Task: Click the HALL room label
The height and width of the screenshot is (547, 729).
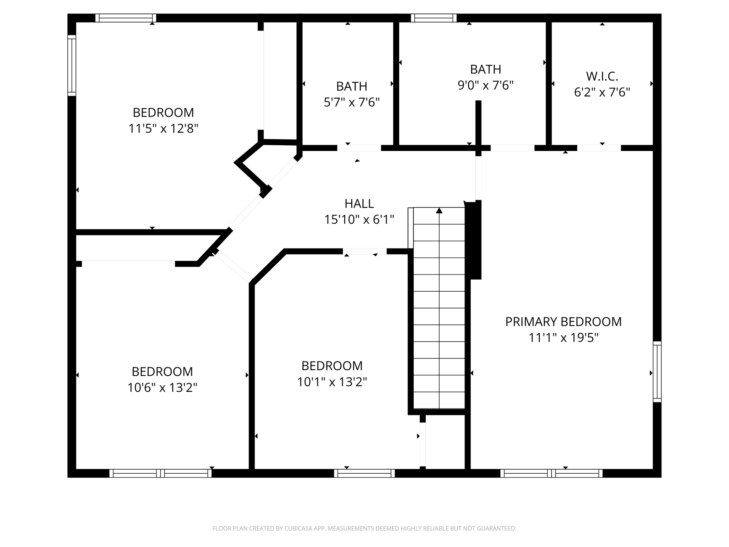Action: click(359, 203)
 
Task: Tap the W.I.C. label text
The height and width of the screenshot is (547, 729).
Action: click(602, 76)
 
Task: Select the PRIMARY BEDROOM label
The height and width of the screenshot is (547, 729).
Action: click(563, 322)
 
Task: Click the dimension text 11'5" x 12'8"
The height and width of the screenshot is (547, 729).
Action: click(163, 128)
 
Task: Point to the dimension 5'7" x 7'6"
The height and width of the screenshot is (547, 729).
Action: click(352, 102)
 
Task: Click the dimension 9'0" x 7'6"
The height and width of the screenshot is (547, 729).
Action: click(486, 85)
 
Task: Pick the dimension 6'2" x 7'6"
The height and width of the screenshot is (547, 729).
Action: click(602, 92)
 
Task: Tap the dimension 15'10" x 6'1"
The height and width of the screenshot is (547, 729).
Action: click(359, 219)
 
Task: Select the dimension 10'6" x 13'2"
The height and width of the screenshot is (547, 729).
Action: click(162, 387)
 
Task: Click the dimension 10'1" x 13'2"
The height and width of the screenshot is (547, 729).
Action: click(332, 382)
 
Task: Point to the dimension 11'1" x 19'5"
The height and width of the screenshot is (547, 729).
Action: click(563, 338)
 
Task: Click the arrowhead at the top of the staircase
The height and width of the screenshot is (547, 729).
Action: click(439, 210)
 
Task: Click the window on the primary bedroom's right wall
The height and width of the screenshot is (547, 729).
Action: click(657, 372)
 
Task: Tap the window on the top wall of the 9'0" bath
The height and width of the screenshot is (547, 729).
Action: click(434, 18)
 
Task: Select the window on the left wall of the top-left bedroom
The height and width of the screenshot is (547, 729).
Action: click(72, 66)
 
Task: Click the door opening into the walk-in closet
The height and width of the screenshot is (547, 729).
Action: click(599, 148)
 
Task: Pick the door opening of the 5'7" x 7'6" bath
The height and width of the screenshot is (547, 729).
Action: click(359, 148)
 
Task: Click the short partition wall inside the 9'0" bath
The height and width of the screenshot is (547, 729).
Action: click(478, 124)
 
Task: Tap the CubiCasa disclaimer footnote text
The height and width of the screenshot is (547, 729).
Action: click(364, 528)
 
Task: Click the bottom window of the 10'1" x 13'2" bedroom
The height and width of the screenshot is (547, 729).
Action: click(364, 473)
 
